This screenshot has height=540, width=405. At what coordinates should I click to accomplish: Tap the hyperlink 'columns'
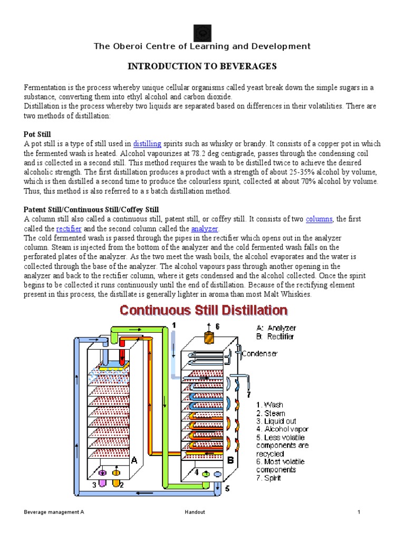click(319, 219)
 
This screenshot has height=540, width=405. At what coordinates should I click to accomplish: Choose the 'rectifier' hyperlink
click(69, 228)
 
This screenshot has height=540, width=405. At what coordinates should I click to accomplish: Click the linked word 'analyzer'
click(204, 228)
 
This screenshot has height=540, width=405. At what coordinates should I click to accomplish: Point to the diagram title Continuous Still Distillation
click(204, 310)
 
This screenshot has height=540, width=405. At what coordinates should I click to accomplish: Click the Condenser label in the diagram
click(259, 353)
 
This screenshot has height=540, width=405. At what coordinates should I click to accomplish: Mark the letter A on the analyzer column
click(134, 460)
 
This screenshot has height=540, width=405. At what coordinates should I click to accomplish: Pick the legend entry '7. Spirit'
click(269, 478)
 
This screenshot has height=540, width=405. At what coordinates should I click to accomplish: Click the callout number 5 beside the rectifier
click(227, 489)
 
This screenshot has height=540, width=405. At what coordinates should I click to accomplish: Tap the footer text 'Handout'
click(195, 512)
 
